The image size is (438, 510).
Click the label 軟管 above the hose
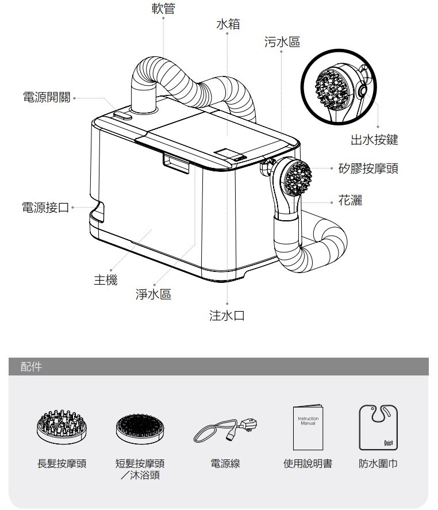[x=164, y=9]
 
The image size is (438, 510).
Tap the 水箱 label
[x=228, y=24]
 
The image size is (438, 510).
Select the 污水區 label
[x=282, y=42]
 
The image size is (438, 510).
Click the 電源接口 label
[x=45, y=207]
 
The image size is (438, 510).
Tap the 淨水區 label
[x=153, y=295]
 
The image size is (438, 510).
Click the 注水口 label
[x=227, y=316]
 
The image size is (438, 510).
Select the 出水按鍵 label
[x=374, y=139]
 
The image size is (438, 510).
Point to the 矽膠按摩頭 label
[x=368, y=168]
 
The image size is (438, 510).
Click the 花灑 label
[x=350, y=201]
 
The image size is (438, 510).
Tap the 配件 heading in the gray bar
[x=30, y=366]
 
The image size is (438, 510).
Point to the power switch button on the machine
[x=123, y=116]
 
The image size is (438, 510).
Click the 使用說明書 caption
[x=308, y=463]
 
